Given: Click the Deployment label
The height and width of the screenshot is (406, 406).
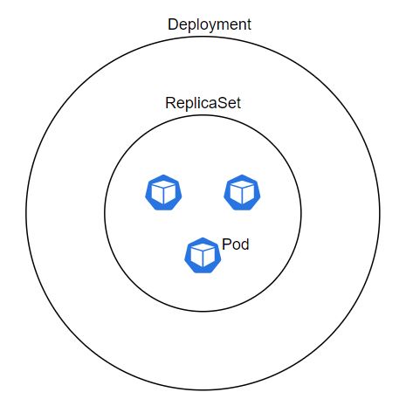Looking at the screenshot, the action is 210,25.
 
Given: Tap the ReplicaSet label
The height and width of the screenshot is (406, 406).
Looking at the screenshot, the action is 203,103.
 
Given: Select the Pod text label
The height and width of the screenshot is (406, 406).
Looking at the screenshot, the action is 236,244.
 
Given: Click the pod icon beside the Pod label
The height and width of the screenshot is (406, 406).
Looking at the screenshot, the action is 203,255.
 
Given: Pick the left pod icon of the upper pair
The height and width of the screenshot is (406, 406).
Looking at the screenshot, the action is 163,192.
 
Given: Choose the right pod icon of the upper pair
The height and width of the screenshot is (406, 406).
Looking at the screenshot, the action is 242,192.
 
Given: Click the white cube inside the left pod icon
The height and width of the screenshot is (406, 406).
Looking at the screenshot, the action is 163,192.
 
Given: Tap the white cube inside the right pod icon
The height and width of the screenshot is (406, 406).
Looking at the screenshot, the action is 242,192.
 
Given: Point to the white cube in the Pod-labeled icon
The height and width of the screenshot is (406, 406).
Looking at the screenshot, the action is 203,255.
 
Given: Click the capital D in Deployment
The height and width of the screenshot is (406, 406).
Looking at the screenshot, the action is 173,24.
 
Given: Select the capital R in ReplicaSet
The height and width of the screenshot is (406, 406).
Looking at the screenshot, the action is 171,103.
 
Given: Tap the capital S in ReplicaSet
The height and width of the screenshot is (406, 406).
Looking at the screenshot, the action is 219,103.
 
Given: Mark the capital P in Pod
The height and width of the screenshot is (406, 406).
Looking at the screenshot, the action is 226,244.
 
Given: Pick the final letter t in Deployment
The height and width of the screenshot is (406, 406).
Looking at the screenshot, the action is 248,24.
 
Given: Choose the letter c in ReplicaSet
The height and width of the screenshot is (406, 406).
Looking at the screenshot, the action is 201,105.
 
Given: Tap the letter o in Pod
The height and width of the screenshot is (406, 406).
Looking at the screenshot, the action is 236,246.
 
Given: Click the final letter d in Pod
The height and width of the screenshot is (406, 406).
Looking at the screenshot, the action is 245,244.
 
